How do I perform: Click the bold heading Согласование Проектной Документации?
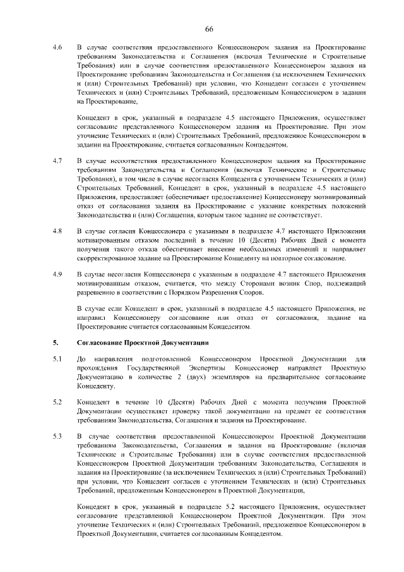143,343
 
